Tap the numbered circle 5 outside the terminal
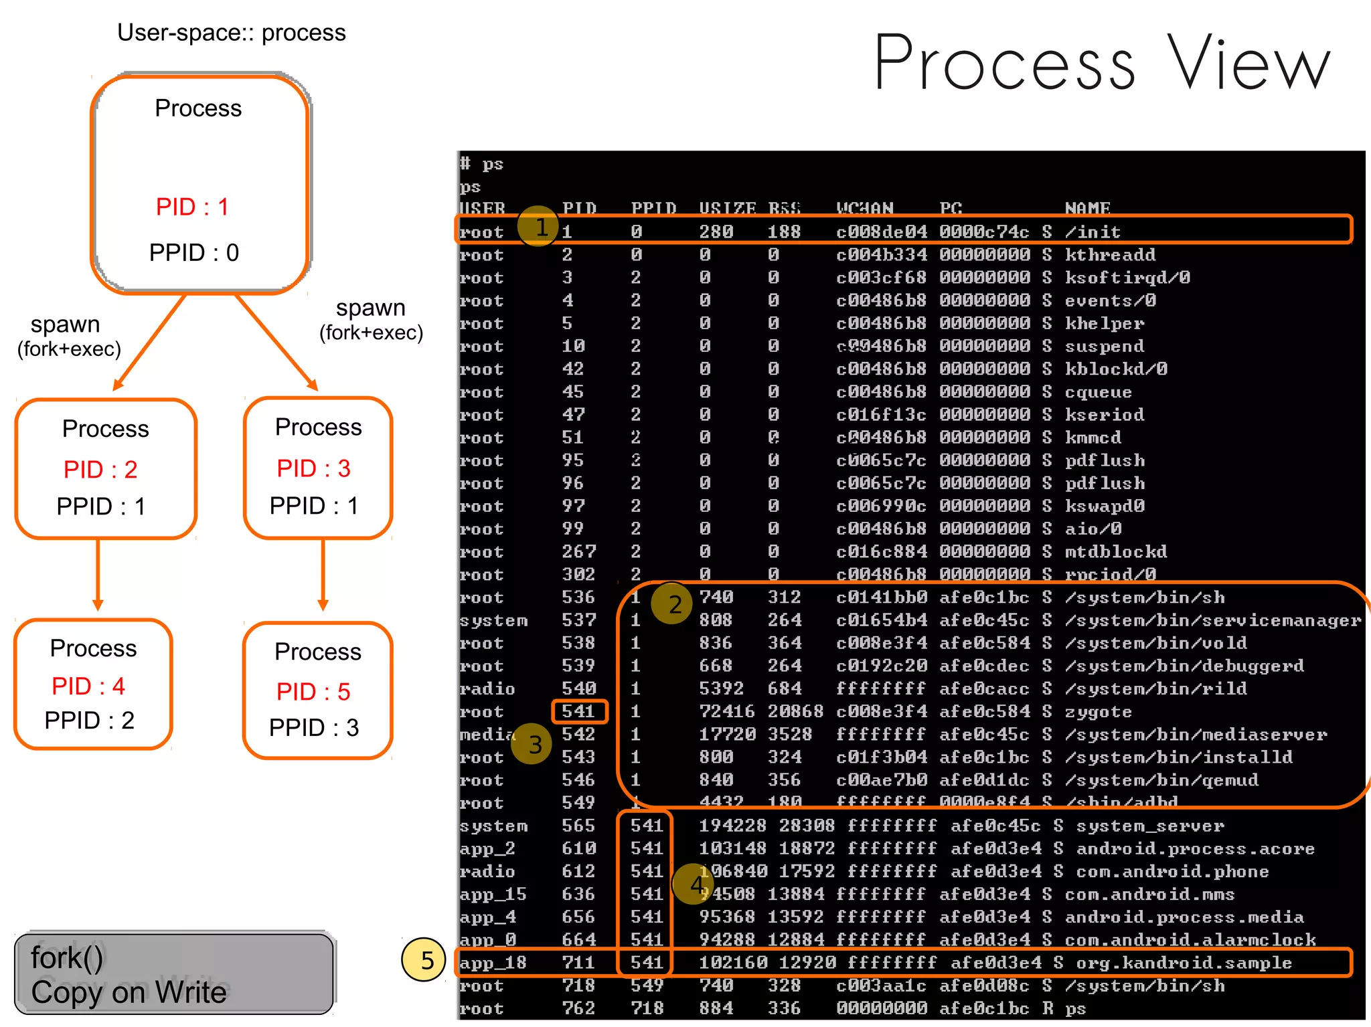point(424,960)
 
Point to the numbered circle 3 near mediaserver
point(533,744)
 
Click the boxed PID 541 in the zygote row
point(579,711)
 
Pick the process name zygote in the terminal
point(1098,712)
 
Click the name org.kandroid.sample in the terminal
point(1184,963)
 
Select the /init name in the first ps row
point(1093,232)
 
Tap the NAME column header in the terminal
point(1087,209)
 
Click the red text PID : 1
point(192,207)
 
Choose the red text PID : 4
point(88,686)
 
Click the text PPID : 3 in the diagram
point(314,727)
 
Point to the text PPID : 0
point(193,252)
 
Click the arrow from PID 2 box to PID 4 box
point(98,574)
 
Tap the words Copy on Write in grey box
point(129,992)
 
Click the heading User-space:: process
point(231,33)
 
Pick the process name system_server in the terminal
point(1149,826)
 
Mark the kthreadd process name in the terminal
point(1110,255)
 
